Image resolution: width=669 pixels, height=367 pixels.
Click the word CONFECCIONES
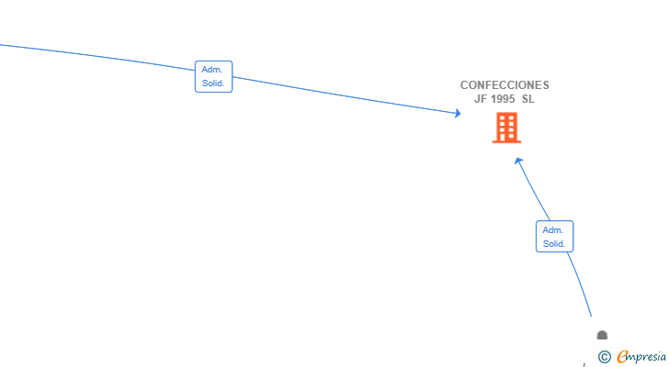click(x=505, y=85)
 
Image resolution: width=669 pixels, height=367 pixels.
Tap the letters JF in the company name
click(x=481, y=99)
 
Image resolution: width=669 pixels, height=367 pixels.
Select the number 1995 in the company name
click(x=503, y=99)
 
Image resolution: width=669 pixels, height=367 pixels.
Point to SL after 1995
click(x=528, y=99)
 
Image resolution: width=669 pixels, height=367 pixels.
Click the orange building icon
click(x=507, y=128)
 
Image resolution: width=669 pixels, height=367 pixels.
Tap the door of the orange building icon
click(x=507, y=138)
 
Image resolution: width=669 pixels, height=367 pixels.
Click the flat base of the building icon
click(x=507, y=142)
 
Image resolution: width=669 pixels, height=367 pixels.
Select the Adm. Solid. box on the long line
click(x=214, y=77)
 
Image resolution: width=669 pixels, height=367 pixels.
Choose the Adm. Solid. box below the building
click(x=555, y=237)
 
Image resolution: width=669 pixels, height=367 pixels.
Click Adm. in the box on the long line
click(x=212, y=70)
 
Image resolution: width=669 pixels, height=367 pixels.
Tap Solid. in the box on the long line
click(x=213, y=83)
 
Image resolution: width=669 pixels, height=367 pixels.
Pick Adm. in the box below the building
click(x=553, y=230)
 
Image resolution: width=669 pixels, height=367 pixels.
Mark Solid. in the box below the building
click(x=554, y=244)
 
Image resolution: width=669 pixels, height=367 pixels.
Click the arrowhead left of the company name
click(x=458, y=113)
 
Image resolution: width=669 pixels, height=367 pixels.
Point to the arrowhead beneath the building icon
click(x=518, y=161)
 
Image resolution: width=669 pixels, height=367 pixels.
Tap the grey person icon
click(x=602, y=335)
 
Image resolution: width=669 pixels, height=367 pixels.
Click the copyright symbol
click(x=605, y=357)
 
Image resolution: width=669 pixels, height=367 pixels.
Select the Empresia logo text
click(x=641, y=357)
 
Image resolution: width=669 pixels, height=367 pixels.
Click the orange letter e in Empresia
click(x=622, y=356)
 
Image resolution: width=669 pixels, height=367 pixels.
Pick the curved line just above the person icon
click(x=580, y=284)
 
